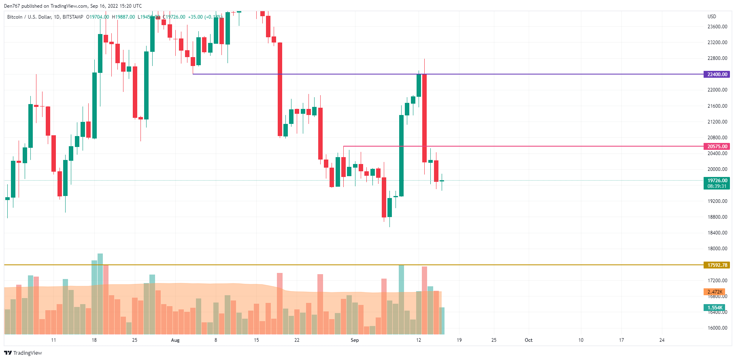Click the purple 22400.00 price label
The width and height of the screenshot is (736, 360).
pyautogui.click(x=717, y=74)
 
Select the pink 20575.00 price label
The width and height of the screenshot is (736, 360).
pyautogui.click(x=717, y=146)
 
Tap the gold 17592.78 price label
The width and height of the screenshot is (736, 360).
pyautogui.click(x=717, y=265)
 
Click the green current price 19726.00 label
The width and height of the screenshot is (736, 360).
pyautogui.click(x=717, y=181)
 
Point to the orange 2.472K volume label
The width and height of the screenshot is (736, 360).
pyautogui.click(x=715, y=292)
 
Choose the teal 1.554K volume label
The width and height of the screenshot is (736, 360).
pyautogui.click(x=715, y=307)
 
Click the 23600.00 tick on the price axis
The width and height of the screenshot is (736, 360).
pyautogui.click(x=717, y=27)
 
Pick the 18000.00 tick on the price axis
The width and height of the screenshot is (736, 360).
pyautogui.click(x=717, y=249)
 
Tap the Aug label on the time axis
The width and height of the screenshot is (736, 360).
pyautogui.click(x=175, y=340)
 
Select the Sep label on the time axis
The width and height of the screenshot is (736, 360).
pyautogui.click(x=355, y=340)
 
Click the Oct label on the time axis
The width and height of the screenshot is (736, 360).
pyautogui.click(x=528, y=340)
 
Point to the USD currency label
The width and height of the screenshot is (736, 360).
pyautogui.click(x=712, y=17)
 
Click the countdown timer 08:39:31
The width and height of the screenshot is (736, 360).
pyautogui.click(x=717, y=186)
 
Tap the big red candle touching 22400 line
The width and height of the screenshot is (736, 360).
pyautogui.click(x=424, y=117)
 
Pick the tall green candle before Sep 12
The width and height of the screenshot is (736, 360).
pyautogui.click(x=401, y=156)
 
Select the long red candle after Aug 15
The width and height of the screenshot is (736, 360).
pyautogui.click(x=280, y=89)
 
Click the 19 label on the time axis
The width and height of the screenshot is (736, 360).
pyautogui.click(x=459, y=340)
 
